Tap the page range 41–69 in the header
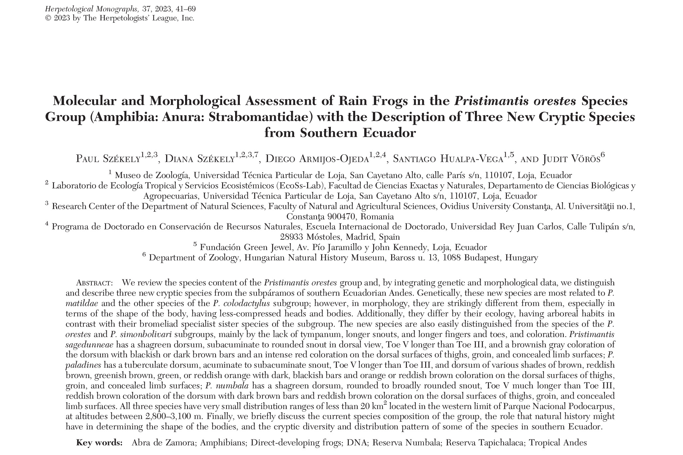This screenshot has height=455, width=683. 184,9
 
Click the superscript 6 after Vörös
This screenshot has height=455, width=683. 602,155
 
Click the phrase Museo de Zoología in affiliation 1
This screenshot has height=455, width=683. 152,175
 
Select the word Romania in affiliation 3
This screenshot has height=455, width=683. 377,217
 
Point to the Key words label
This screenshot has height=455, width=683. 99,443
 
